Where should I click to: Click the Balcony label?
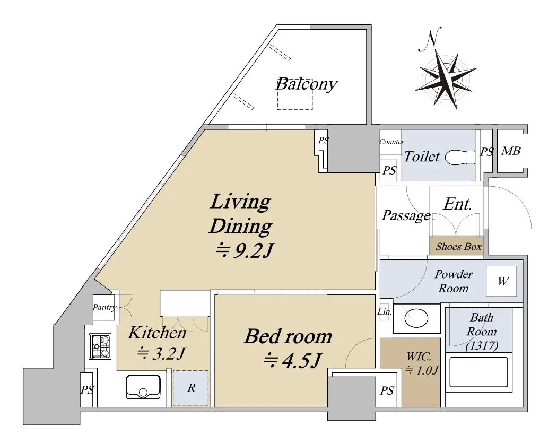[x=306, y=84]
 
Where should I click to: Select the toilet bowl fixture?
[x=459, y=157]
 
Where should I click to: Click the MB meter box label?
[x=511, y=151]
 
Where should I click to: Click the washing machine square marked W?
[x=501, y=281]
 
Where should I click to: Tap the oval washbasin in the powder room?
[x=416, y=318]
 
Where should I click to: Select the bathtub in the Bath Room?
[x=478, y=372]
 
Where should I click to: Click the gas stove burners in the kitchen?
[x=100, y=346]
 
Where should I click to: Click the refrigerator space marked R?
[x=191, y=388]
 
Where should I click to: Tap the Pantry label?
[x=105, y=308]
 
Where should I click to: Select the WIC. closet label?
[x=419, y=356]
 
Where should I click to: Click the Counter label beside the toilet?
[x=392, y=142]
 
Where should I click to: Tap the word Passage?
[x=406, y=215]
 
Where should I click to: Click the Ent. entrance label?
[x=457, y=204]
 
